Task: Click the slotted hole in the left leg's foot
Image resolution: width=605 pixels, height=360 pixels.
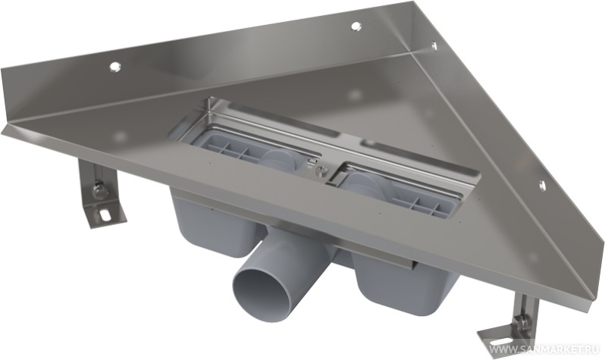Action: pos(104,214)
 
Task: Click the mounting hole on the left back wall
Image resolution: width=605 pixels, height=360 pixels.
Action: pos(114,67)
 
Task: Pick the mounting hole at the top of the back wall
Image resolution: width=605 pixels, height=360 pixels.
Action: pos(355,27)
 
